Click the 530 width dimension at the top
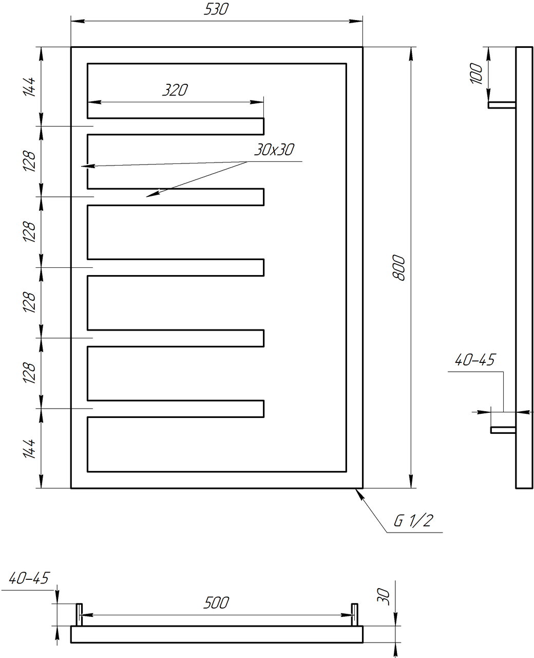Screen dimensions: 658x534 [216, 10]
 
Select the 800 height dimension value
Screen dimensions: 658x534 [399, 267]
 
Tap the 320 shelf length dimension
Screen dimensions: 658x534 [175, 90]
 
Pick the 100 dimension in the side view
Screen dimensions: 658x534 [476, 74]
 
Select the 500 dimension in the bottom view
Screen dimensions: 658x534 [216, 602]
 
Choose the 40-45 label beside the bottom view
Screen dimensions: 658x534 [29, 579]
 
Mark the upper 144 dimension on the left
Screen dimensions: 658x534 [29, 87]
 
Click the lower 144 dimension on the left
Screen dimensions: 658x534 [29, 449]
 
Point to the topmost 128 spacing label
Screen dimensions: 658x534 [29, 161]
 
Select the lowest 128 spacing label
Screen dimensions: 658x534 [29, 373]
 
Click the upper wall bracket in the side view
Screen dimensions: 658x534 [502, 105]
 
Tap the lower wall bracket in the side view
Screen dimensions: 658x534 [503, 430]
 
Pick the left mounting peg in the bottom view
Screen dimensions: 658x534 [79, 614]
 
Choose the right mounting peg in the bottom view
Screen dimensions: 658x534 [354, 614]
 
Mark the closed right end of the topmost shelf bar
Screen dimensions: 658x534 [263, 126]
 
